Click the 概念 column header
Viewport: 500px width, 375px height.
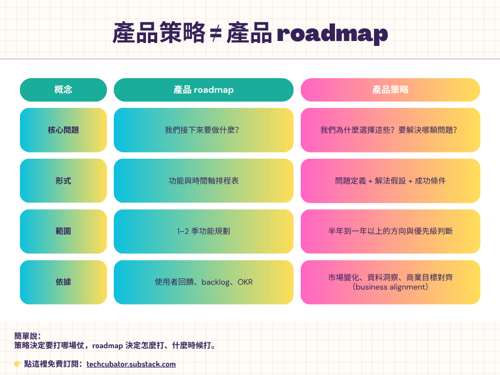[x=63, y=90]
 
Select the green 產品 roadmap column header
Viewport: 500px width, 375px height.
[x=204, y=90]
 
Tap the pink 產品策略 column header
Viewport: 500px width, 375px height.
[x=390, y=90]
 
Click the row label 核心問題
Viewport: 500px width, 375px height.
[x=63, y=130]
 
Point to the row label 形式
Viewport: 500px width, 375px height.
[x=63, y=181]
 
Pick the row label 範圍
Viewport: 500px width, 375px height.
[x=63, y=231]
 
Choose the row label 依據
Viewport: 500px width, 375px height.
[x=63, y=282]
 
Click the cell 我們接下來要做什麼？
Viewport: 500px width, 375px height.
[x=204, y=130]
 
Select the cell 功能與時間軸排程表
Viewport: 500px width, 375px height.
[x=204, y=181]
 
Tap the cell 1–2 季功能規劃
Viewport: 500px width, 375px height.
[x=204, y=231]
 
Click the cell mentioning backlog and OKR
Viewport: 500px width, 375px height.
[x=204, y=282]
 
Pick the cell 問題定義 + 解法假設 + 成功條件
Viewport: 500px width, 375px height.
[x=390, y=181]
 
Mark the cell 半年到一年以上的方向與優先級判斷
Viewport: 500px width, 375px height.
[x=390, y=231]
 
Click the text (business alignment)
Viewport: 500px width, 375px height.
[x=390, y=287]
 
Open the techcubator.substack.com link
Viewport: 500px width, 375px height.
[x=131, y=364]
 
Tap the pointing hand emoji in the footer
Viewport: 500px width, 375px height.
[x=18, y=364]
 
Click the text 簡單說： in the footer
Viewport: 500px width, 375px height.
[x=28, y=336]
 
